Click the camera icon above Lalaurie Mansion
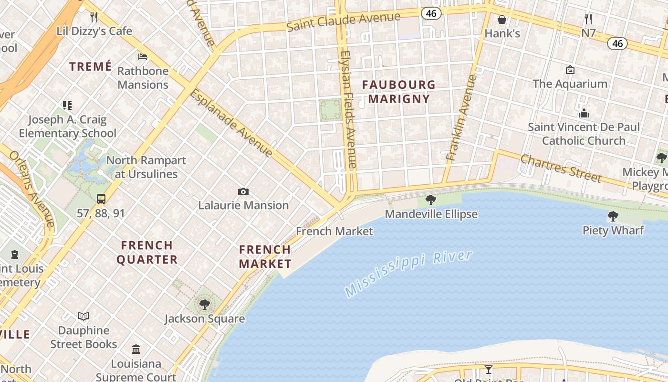[x=243, y=192]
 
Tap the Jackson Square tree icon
[x=205, y=304]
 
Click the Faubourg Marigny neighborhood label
[x=399, y=92]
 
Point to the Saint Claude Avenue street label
[x=344, y=21]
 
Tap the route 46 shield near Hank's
[x=431, y=13]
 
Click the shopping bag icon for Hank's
[x=502, y=20]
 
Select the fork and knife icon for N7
[x=588, y=19]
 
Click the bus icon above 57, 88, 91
[x=101, y=199]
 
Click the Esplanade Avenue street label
[x=231, y=123]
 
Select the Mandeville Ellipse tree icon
[x=431, y=200]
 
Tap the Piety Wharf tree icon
[x=613, y=216]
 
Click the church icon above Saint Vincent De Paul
[x=584, y=114]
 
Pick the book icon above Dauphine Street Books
[x=83, y=316]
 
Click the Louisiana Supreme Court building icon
[x=136, y=350]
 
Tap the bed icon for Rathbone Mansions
[x=143, y=57]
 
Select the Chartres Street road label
[x=561, y=168]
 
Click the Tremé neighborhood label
[x=91, y=66]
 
